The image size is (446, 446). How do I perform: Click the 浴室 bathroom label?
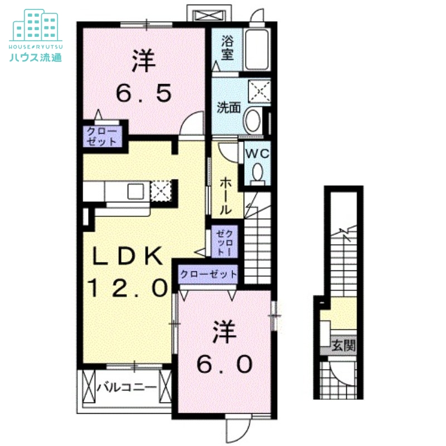coord(227,48)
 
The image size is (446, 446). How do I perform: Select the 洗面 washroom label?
coord(229,107)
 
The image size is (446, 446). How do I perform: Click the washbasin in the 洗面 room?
coord(253,120)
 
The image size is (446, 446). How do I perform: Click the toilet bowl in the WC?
coord(258,173)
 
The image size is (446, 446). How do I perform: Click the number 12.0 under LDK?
coord(128,288)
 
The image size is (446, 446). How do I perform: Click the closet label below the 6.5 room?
coord(102,137)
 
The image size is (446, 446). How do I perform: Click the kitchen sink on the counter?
coord(137,191)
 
